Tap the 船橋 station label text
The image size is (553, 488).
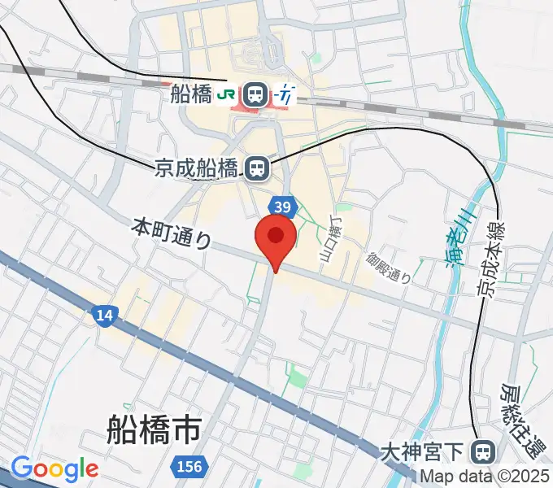tap(191, 94)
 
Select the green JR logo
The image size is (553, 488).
tap(227, 95)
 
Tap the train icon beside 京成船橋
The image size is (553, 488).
tap(257, 168)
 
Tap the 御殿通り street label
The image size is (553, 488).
tap(388, 266)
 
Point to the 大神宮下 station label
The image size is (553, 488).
tap(426, 450)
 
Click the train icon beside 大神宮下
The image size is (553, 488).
tap(484, 450)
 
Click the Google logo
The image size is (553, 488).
tap(54, 469)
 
